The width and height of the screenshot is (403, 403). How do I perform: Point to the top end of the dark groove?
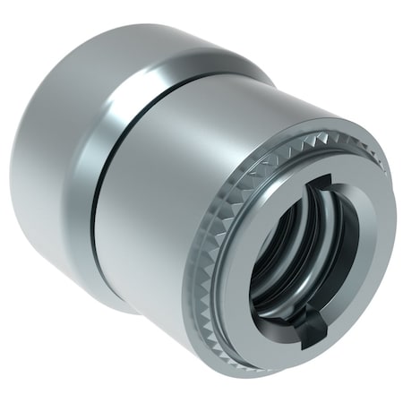point(193,79)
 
